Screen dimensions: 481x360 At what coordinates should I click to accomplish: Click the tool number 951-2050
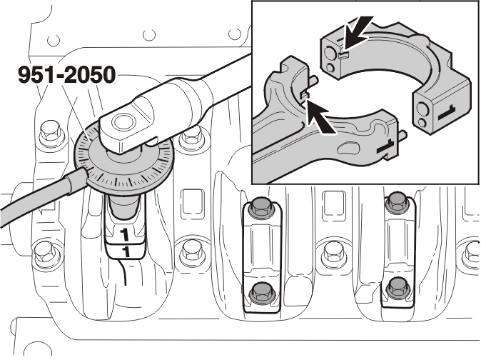point(67,75)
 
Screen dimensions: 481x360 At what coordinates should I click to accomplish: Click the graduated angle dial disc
point(123,163)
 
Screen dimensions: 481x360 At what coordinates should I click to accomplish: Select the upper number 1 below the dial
point(125,234)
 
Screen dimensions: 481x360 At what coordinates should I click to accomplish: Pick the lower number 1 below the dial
point(126,251)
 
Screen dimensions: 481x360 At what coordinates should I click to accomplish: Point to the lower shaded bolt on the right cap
point(398,289)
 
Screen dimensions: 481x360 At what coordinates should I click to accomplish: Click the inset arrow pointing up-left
point(320,117)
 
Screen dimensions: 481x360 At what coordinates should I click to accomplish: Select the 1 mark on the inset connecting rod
point(386,146)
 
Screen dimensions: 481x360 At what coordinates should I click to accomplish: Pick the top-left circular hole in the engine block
point(54,40)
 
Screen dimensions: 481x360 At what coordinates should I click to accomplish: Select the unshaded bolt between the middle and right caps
point(333,254)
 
